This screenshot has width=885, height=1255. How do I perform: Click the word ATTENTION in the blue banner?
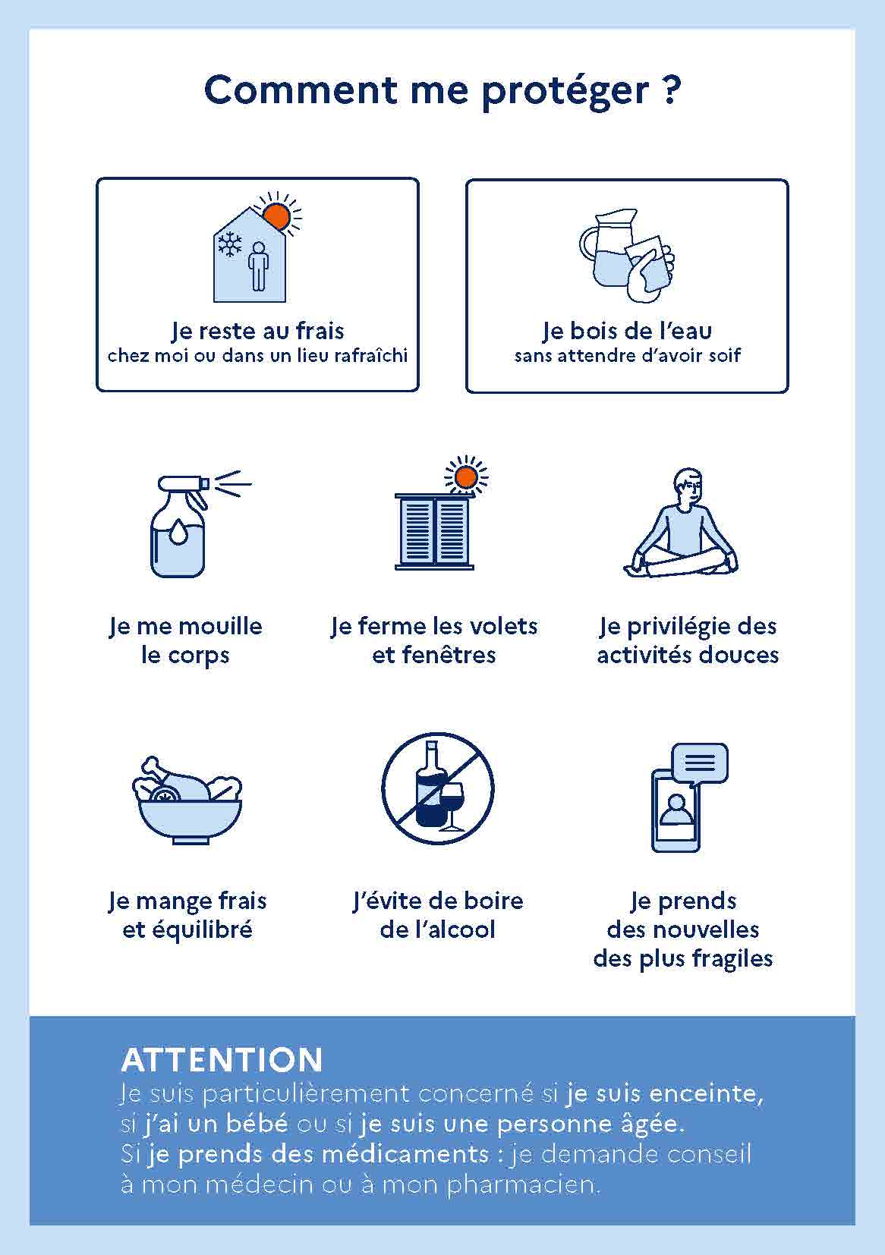click(x=222, y=1060)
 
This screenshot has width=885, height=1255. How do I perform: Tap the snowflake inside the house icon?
click(x=230, y=244)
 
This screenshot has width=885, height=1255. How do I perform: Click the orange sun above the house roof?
click(x=278, y=215)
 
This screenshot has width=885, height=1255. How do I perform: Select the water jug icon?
click(x=609, y=249)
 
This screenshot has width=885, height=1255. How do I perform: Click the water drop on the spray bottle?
click(x=178, y=531)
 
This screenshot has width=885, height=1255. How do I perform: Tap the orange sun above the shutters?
click(x=466, y=478)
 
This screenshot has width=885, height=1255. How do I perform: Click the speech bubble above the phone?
click(x=700, y=764)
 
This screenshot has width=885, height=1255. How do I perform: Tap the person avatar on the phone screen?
click(x=676, y=810)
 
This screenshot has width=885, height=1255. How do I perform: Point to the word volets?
click(x=505, y=626)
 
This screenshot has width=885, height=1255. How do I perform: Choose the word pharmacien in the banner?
click(x=524, y=1185)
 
